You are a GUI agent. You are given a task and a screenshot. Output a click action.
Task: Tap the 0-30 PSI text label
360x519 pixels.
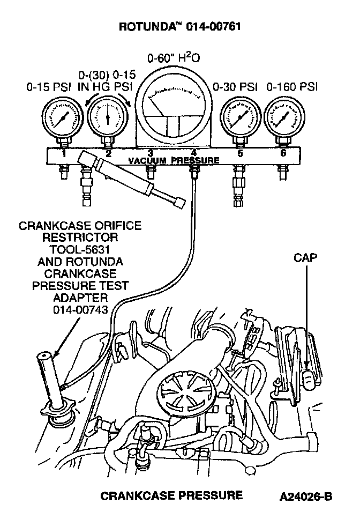236,86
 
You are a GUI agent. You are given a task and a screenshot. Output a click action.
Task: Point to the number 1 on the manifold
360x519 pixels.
63,154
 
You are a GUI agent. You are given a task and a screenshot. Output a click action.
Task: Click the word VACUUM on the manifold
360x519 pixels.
148,160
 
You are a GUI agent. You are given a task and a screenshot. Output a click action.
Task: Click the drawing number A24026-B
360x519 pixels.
305,496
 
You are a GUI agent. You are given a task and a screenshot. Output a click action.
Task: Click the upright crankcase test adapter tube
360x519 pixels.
51,381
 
